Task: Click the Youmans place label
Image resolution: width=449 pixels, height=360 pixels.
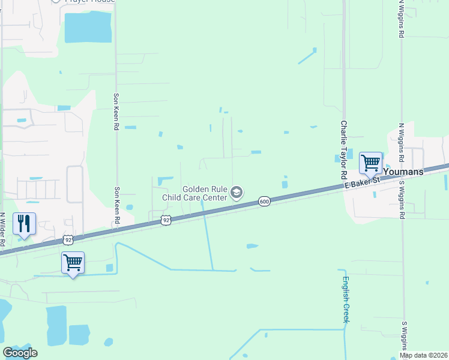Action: (403, 172)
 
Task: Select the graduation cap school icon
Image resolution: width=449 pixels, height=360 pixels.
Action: (237, 193)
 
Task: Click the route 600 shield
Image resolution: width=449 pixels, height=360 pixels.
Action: (264, 202)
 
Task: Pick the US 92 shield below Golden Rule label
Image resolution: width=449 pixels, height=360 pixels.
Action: (167, 221)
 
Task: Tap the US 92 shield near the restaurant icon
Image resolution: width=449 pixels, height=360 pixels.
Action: (68, 240)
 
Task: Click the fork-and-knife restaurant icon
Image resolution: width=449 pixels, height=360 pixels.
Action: (24, 224)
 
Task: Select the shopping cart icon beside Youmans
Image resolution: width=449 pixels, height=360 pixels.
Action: (371, 163)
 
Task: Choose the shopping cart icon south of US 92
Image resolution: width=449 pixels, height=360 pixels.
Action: (73, 262)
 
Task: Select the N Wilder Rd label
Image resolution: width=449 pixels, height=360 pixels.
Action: (3, 230)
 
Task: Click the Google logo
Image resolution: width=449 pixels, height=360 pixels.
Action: (20, 352)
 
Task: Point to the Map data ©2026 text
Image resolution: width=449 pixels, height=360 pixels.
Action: (424, 355)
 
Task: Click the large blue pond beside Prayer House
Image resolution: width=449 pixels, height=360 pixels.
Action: (88, 27)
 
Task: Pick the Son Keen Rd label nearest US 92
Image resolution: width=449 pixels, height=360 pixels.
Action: (115, 207)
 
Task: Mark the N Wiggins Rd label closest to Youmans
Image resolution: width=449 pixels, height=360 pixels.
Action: (401, 142)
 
